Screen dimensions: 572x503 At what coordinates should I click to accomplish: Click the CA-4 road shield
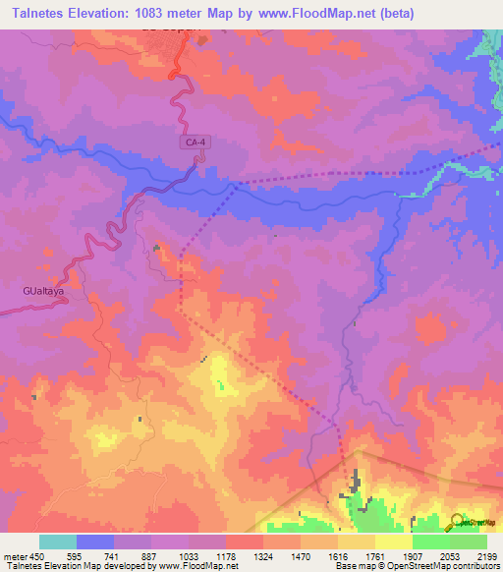[x=196, y=143]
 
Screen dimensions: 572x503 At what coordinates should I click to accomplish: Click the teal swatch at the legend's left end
[x=58, y=542]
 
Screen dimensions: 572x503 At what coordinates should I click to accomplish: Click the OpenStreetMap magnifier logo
[x=455, y=521]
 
